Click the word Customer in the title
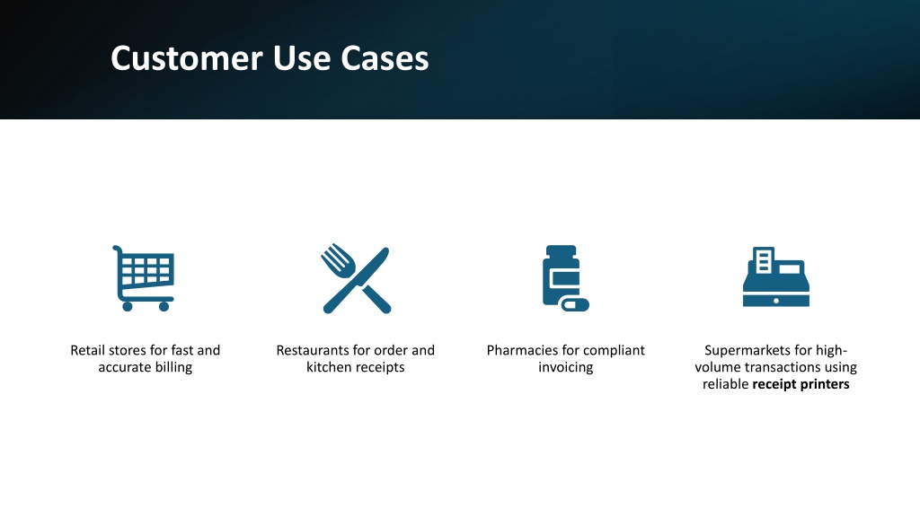(x=187, y=58)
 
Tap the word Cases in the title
(x=385, y=58)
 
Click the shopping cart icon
(x=144, y=278)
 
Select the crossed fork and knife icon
(x=356, y=278)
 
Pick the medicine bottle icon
(x=565, y=278)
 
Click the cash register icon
(x=775, y=276)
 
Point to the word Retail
(x=88, y=350)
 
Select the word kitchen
(x=329, y=367)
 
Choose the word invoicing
(x=566, y=367)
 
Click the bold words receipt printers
(x=801, y=384)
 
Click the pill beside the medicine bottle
(x=574, y=304)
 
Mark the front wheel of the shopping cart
(x=164, y=307)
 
